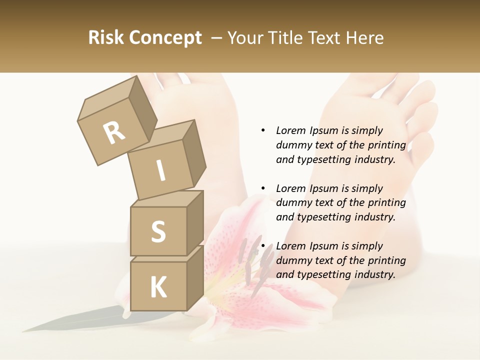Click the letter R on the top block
click(x=114, y=133)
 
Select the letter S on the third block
click(x=158, y=231)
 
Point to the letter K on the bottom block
click(x=158, y=287)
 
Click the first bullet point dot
click(x=263, y=130)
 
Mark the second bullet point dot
click(x=263, y=188)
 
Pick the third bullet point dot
click(x=263, y=246)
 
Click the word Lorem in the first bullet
click(x=290, y=130)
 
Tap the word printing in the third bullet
click(x=386, y=260)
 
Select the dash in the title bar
click(x=217, y=37)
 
